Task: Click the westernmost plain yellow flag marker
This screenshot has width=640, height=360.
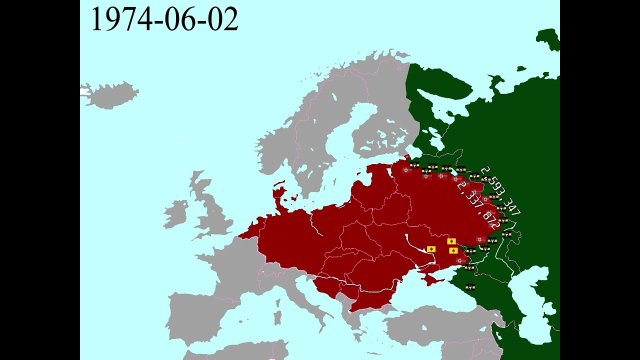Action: point(431,248)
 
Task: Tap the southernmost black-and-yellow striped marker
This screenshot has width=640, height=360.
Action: point(469,287)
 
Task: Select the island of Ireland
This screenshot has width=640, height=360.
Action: point(176,213)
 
